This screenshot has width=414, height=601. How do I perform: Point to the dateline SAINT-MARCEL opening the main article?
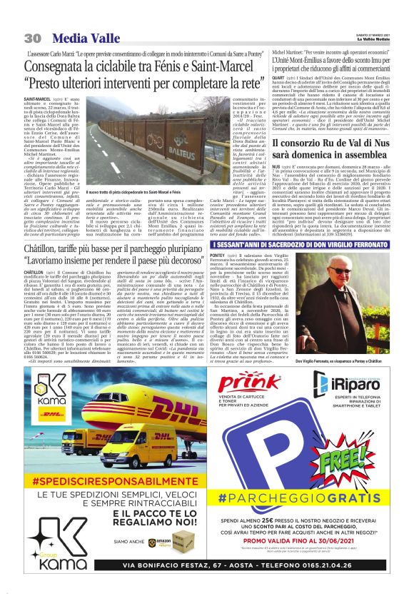[x=36, y=98]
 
